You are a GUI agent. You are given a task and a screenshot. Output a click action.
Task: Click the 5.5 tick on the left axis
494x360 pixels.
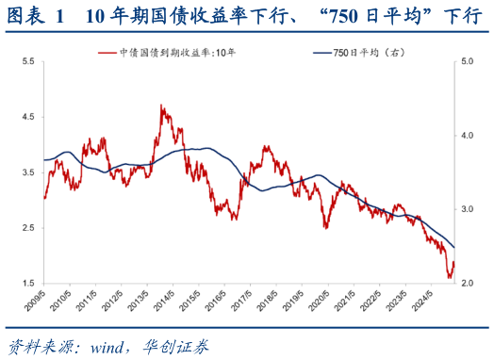[28, 61]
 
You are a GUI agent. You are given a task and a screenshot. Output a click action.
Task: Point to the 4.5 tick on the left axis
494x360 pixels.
[28, 117]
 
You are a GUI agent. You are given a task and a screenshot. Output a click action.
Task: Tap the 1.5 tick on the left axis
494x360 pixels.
[28, 284]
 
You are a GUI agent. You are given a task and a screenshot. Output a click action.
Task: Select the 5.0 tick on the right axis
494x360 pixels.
[469, 61]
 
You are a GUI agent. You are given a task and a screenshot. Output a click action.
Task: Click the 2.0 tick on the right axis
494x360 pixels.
[469, 284]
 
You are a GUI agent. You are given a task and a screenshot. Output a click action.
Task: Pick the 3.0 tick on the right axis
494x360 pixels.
[469, 209]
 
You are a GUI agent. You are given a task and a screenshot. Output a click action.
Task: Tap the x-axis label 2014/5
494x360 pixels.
[170, 303]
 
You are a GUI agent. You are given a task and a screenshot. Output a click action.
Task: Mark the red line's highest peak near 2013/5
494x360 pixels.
[162, 106]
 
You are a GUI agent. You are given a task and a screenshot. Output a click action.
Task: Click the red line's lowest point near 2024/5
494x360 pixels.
[449, 278]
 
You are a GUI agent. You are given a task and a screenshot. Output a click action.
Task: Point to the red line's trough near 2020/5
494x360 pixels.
[325, 227]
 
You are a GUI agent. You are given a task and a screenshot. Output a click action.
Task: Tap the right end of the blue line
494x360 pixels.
[453, 248]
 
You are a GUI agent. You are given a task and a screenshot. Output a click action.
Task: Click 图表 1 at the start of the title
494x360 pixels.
[38, 16]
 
